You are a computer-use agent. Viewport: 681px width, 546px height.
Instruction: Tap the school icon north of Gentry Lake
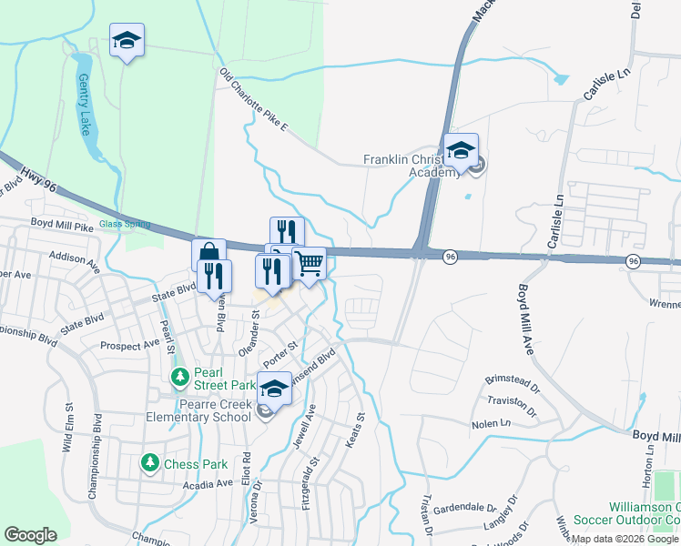[x=127, y=40]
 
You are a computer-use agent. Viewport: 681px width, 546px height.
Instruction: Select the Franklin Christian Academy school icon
[x=462, y=151]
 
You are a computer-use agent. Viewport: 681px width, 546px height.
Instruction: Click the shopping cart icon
[x=310, y=264]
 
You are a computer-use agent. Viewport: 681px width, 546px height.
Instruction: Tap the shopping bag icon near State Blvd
[x=208, y=255]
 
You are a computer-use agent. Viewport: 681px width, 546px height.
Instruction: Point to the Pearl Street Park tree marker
[x=180, y=376]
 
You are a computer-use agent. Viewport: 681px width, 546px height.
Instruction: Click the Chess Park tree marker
[x=149, y=463]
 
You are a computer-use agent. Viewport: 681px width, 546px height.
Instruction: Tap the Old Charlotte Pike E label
[x=253, y=101]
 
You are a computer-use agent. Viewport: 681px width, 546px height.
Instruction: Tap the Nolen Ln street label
[x=491, y=424]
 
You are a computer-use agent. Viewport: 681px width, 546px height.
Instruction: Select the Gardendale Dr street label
[x=464, y=509]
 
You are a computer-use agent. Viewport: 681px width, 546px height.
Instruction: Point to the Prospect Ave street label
[x=130, y=346]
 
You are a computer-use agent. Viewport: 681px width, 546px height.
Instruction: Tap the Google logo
[x=30, y=535]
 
